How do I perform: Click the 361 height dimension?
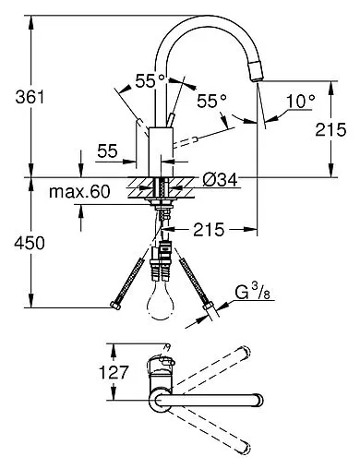click(x=30, y=97)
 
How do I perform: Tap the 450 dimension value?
click(x=30, y=243)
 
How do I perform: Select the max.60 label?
click(x=79, y=192)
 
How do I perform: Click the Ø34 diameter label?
click(x=220, y=180)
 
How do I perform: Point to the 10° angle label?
click(x=301, y=101)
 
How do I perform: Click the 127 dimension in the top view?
click(x=113, y=372)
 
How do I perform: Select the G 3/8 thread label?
click(x=252, y=293)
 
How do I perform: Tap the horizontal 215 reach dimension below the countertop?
click(x=209, y=230)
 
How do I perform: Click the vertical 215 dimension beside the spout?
click(x=330, y=129)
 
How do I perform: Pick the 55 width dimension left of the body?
click(x=108, y=151)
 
